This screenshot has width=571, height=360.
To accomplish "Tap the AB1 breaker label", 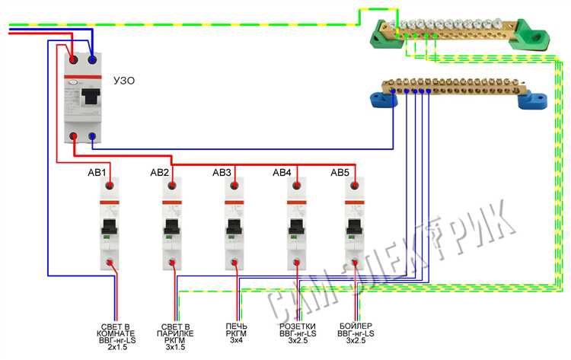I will click(99, 173).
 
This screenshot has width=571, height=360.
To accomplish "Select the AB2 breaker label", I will click(160, 173).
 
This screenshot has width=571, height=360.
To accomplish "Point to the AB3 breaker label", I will click(222, 173).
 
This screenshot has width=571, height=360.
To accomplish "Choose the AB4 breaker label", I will click(282, 173).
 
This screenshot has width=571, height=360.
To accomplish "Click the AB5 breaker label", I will click(340, 173).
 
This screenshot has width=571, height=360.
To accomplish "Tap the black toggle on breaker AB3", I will click(234, 225).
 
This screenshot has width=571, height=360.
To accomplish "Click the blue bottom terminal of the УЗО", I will click(93, 138).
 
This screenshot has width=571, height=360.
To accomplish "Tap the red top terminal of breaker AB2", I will click(172, 185).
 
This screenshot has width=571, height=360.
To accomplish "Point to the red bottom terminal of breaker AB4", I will click(295, 265).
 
